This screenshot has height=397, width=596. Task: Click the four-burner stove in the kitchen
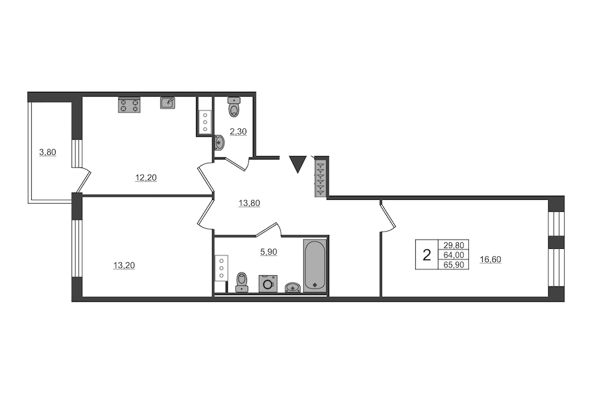[x=129, y=105]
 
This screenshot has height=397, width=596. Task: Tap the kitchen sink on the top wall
[x=168, y=103]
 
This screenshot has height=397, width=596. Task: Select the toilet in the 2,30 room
[x=234, y=107]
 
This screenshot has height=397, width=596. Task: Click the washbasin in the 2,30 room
[x=220, y=143]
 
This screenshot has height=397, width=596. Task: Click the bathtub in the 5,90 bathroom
[x=315, y=265]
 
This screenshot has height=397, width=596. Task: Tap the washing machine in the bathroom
[x=268, y=284]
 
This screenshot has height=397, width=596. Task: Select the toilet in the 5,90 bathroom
[x=242, y=283]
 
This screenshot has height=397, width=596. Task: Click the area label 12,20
[x=146, y=177]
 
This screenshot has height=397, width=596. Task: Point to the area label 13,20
[x=124, y=265]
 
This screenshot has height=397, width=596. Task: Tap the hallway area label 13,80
[x=250, y=203]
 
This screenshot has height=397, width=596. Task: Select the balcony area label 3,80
[x=48, y=152]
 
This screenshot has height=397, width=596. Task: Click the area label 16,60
[x=490, y=259]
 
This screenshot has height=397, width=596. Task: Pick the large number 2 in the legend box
[x=427, y=255]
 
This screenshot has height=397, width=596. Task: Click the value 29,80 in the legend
[x=454, y=245]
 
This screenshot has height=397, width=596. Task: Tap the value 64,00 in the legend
[x=454, y=255]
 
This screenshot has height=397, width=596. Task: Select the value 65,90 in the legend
[x=454, y=265]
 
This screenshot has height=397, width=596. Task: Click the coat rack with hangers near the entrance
[x=321, y=179]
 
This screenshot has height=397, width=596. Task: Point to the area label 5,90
[x=268, y=251]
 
